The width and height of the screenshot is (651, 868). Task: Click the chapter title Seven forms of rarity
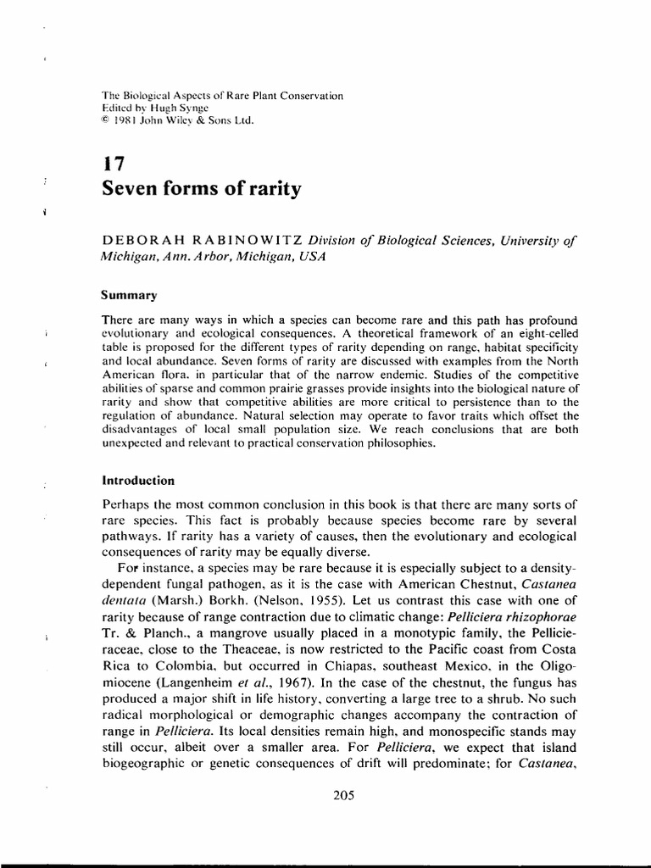201,189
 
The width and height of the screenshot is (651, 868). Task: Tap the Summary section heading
129,295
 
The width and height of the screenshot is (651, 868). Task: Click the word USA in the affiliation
310,255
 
